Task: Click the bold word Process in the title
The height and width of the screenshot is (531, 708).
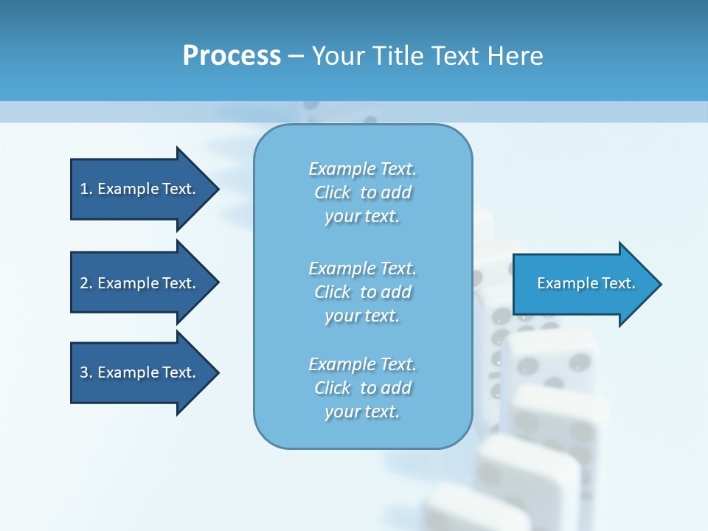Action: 232,56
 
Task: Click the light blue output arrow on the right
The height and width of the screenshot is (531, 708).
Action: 583,284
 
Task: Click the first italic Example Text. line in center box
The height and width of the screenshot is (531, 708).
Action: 362,169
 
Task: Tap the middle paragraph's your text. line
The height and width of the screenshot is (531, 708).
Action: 362,316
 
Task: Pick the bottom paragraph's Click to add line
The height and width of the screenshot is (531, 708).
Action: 362,388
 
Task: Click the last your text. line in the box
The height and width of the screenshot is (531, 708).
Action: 362,412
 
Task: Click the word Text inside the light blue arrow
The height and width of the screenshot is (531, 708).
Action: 618,283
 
